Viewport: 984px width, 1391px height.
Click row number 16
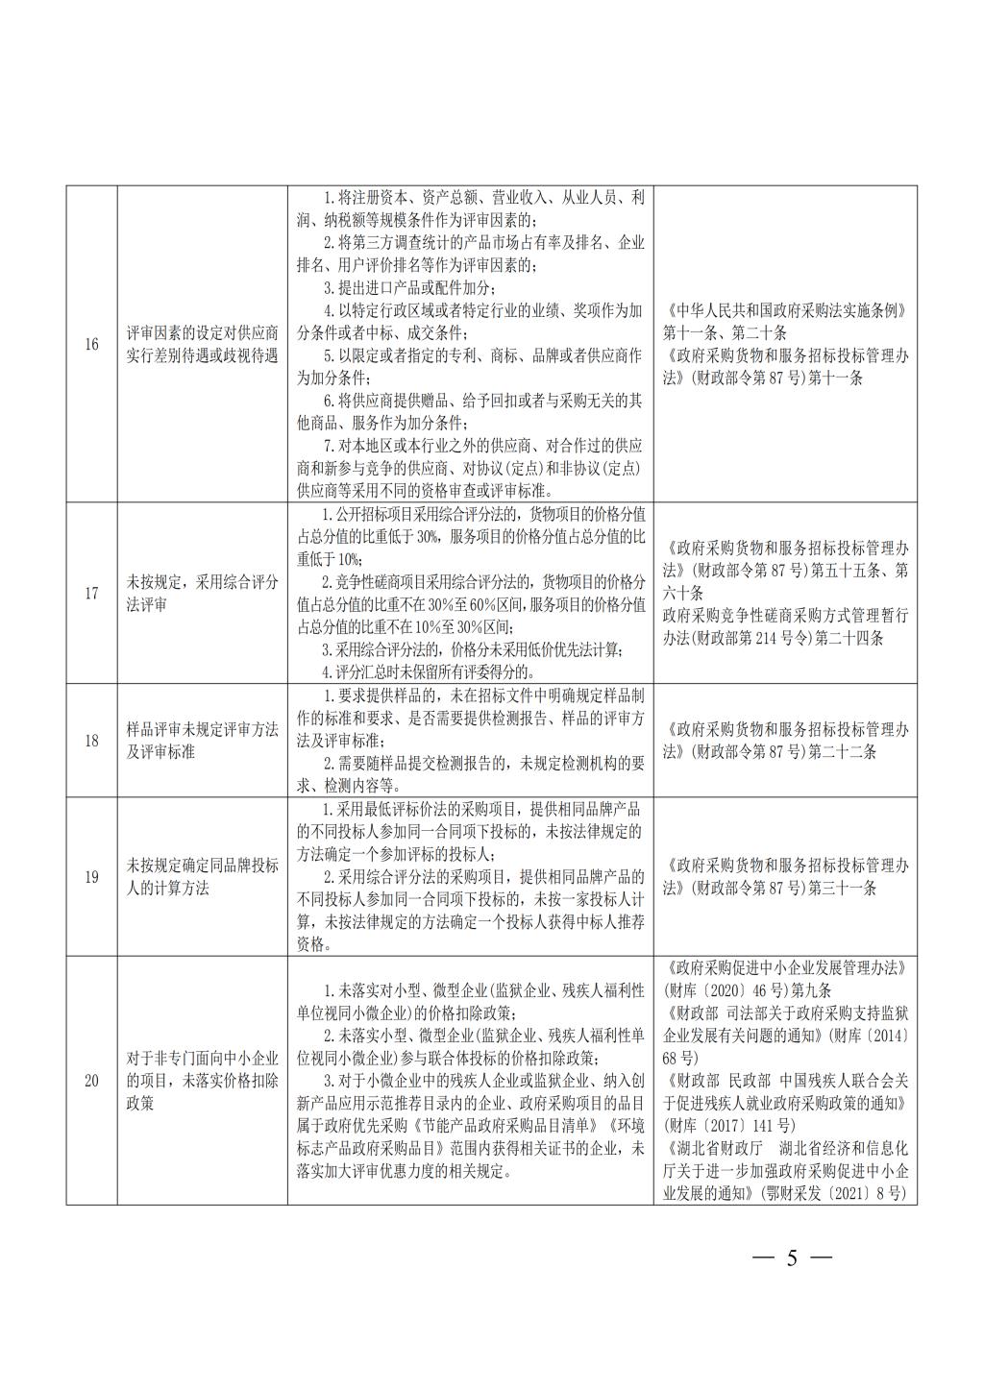(x=91, y=344)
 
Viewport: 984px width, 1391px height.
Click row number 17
(x=91, y=593)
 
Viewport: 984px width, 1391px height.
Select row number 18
(x=91, y=741)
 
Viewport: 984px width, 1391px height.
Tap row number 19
(x=91, y=877)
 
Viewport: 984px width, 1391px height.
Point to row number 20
(x=91, y=1081)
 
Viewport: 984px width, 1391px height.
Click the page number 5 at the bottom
(x=792, y=1258)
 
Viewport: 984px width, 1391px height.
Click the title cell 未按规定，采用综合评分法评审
(x=202, y=593)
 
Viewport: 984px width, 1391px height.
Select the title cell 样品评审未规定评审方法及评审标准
(x=202, y=741)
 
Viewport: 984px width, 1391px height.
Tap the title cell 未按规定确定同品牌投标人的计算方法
(x=202, y=877)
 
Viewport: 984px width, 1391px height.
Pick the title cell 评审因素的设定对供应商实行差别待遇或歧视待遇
(x=202, y=344)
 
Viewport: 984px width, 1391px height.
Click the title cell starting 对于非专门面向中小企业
(x=202, y=1081)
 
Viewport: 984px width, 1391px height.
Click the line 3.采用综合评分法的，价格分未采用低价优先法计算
(x=471, y=649)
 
